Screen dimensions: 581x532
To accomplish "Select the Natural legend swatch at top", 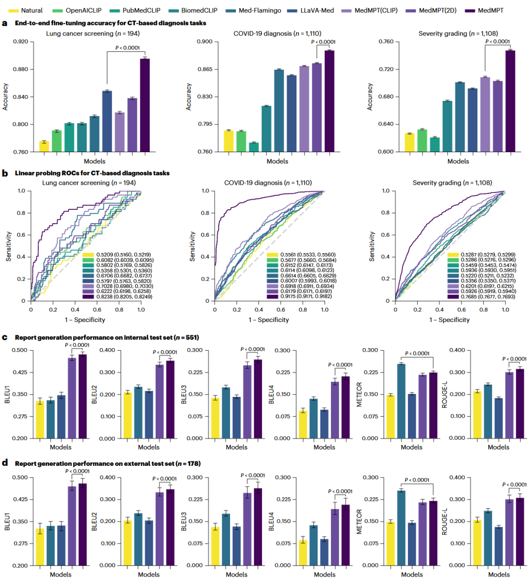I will coord(13,10).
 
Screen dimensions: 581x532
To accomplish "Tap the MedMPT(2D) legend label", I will coord(437,10).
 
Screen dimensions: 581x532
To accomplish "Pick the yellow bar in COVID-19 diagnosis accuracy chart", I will coord(228,141).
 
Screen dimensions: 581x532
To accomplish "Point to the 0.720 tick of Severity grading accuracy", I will coord(386,69).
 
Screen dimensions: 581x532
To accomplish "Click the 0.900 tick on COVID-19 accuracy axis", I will coord(204,42).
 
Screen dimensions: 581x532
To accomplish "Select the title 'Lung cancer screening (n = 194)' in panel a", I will coord(93,33).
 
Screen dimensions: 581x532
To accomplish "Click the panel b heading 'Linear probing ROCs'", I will coord(92,173).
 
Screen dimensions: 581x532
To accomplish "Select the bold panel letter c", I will coord(4,337).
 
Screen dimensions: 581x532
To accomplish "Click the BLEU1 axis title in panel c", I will coord(7,394).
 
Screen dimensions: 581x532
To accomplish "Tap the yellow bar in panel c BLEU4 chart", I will coord(303,424).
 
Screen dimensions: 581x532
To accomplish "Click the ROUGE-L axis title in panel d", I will coord(445,521).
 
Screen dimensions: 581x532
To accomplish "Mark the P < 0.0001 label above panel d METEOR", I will coord(417,480).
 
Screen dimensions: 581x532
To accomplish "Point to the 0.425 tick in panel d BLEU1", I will coord(20,499).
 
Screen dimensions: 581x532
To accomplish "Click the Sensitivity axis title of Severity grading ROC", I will coord(372,246).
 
